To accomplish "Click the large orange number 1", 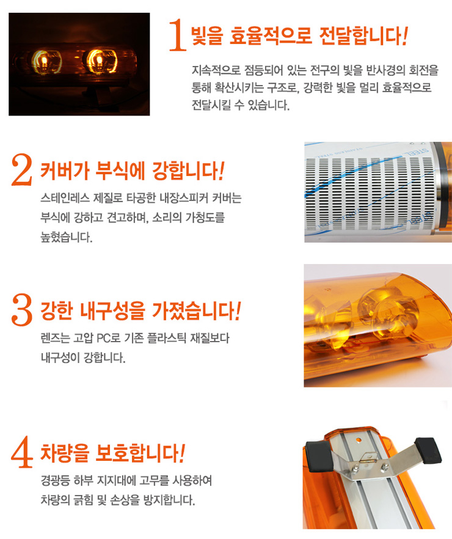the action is (x=178, y=35).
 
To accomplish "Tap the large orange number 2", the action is (x=22, y=170).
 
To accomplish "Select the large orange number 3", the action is (x=22, y=309).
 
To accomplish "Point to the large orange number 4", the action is (x=22, y=452).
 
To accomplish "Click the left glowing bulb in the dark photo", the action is (x=44, y=62).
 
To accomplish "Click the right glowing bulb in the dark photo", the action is (x=99, y=61).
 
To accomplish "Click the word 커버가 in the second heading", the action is (x=65, y=170).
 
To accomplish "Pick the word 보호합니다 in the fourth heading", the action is (x=140, y=453).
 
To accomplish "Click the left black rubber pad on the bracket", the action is (x=319, y=456).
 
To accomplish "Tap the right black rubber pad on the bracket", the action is (x=428, y=450).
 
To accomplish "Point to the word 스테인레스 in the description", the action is (x=65, y=198).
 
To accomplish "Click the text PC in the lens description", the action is (x=103, y=339).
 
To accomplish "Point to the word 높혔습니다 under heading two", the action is (x=67, y=237).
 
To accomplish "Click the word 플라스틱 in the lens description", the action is (x=167, y=339).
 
